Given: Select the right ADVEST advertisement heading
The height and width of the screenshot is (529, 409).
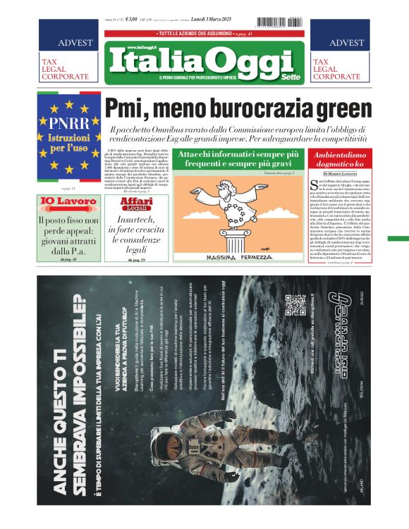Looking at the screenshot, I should pos(346,43).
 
